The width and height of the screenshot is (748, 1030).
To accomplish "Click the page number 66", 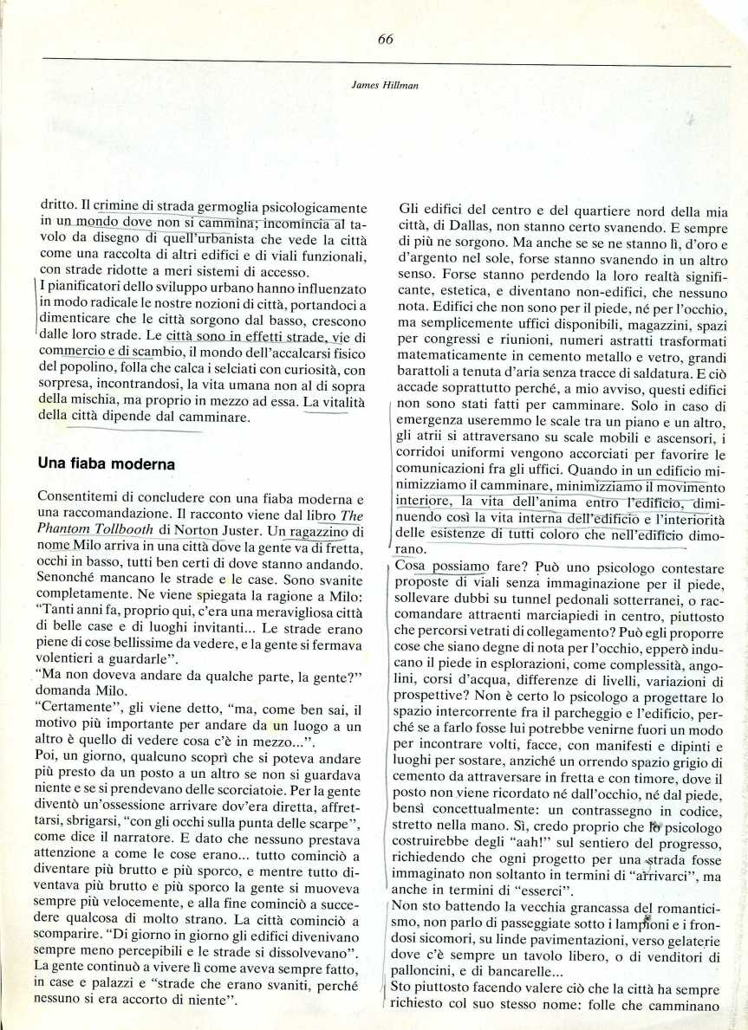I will (387, 39).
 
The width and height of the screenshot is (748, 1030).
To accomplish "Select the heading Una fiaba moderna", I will (107, 463).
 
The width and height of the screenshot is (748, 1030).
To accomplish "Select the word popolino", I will (75, 366).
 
